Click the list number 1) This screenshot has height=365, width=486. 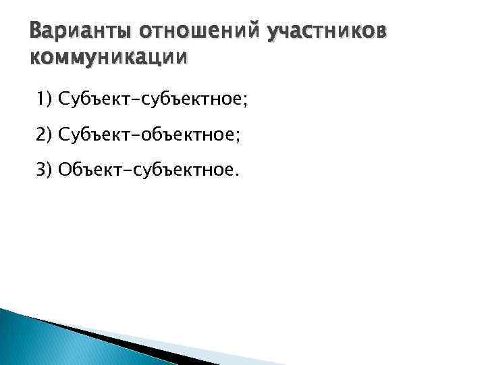click(45, 100)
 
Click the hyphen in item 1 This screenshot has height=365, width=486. click(124, 101)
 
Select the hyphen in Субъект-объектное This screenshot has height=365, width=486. click(124, 135)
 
